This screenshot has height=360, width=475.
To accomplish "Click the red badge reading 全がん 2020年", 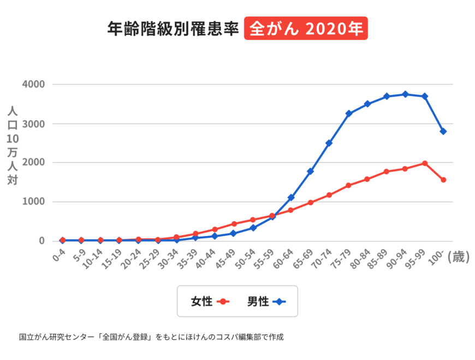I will pyautogui.click(x=306, y=28).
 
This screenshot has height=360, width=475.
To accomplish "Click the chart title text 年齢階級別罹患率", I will pyautogui.click(x=174, y=28).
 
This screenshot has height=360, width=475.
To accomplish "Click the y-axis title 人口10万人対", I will pyautogui.click(x=13, y=145).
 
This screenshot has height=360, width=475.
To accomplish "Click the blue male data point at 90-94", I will pyautogui.click(x=405, y=94).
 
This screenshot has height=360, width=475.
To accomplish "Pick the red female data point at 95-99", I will pyautogui.click(x=424, y=163).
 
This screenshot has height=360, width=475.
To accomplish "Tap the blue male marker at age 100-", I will pyautogui.click(x=443, y=132).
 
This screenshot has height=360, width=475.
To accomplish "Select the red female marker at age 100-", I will pyautogui.click(x=443, y=180).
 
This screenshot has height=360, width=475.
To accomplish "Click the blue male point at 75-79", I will pyautogui.click(x=348, y=114).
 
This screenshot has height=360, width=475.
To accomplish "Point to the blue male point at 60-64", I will pyautogui.click(x=291, y=197).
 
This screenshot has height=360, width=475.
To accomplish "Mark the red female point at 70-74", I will pyautogui.click(x=329, y=195).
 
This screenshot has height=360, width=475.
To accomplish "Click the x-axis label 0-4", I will pyautogui.click(x=59, y=256).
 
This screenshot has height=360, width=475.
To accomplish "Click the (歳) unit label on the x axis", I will pyautogui.click(x=458, y=257).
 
